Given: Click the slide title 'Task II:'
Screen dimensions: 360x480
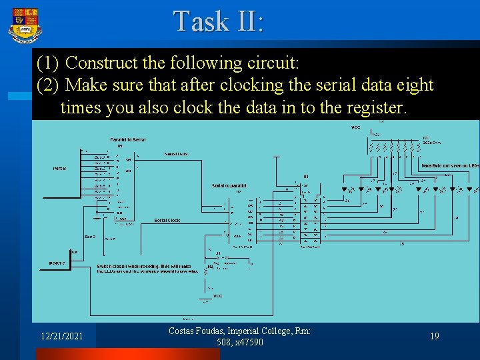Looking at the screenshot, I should coord(219,21).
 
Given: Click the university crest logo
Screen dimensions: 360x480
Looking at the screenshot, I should coord(24,25).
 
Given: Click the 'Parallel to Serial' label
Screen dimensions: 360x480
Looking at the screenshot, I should coord(128,139).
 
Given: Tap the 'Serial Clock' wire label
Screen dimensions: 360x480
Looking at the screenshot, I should coord(167,220).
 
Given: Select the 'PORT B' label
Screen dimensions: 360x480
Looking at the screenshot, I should coord(59,168).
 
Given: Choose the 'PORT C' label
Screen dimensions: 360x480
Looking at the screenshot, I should coord(57,263).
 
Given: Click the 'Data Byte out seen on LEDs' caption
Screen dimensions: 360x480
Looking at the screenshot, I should coord(450,165).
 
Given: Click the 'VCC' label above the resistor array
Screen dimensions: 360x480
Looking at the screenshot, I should coord(355,127).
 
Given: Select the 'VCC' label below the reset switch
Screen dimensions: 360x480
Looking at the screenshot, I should coord(217,295).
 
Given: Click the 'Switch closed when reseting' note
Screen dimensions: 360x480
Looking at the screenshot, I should coord(147,267).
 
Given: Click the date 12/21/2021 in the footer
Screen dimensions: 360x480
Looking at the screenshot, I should coord(61,337).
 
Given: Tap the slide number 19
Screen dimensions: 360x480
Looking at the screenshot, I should coord(434,337).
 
